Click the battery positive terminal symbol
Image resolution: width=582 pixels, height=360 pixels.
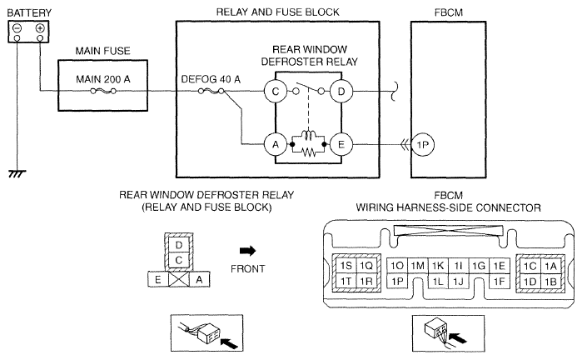click(40, 28)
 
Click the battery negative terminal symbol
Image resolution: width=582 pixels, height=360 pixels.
click(17, 28)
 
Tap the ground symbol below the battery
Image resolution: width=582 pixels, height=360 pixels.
click(17, 173)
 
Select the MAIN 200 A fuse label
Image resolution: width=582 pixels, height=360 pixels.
click(103, 79)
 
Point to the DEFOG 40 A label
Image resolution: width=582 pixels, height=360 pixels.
click(211, 79)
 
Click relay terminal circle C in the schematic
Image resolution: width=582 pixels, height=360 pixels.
click(276, 92)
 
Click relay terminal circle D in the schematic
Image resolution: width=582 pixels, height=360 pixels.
click(341, 92)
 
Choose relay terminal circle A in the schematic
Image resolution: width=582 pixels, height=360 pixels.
click(276, 144)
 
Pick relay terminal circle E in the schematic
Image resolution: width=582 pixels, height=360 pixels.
click(341, 144)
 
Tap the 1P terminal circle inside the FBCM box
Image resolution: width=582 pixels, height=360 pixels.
click(423, 144)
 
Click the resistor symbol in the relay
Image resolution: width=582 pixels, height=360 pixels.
click(308, 152)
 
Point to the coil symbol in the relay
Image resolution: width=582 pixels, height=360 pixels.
click(308, 134)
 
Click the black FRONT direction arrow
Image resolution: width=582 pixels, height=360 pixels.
click(247, 251)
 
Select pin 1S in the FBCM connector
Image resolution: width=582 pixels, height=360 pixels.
click(346, 266)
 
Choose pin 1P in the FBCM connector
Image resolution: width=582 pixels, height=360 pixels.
click(397, 281)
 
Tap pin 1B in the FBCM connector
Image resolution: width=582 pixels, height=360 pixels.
click(550, 281)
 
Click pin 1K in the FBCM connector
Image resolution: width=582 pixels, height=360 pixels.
click(438, 266)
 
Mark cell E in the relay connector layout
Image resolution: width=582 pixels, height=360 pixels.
click(158, 279)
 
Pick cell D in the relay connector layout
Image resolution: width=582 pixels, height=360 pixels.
click(179, 245)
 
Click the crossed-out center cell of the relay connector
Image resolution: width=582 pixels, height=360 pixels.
click(179, 279)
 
